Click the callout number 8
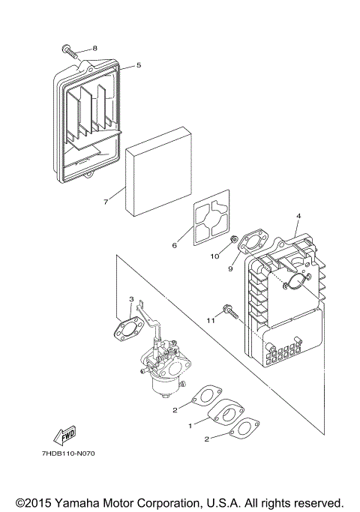tap(95, 48)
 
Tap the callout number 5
tap(139, 65)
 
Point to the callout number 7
tap(106, 202)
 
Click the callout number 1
tap(190, 425)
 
